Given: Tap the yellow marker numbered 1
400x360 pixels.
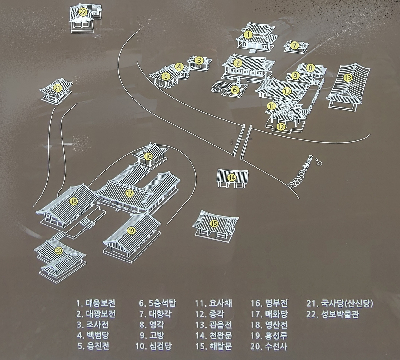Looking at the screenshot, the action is (x=248, y=34).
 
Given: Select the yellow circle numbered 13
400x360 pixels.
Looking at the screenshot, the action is (x=347, y=77).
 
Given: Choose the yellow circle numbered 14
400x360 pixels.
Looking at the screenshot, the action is (x=232, y=178).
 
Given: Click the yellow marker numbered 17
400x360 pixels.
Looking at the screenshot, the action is (x=129, y=193).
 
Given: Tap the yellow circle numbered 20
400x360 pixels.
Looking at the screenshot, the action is (x=58, y=251).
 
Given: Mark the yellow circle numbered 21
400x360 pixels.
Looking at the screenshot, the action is (x=57, y=89).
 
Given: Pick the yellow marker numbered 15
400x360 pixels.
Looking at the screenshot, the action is (x=214, y=223).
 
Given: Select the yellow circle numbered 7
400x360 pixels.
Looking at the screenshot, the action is (x=294, y=45).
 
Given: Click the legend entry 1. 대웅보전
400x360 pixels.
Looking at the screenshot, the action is (x=96, y=303).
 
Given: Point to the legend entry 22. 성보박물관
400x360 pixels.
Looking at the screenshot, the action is (x=332, y=314).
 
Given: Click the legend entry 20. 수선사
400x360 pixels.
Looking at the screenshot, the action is (x=269, y=347).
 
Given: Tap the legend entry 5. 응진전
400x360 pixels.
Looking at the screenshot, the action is (x=93, y=347).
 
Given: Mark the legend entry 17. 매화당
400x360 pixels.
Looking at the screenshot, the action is (x=269, y=314).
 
